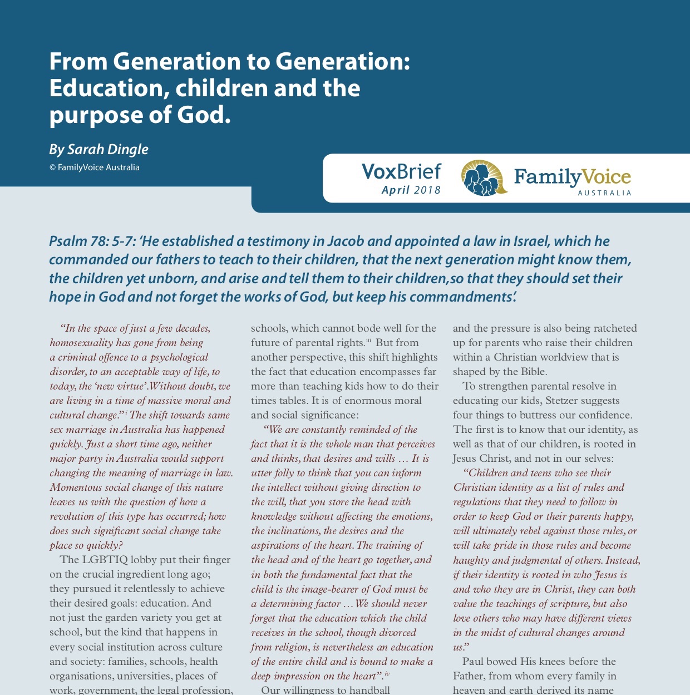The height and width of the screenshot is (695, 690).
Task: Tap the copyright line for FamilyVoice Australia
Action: pos(94,167)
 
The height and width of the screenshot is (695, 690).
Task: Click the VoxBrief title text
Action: pos(401,171)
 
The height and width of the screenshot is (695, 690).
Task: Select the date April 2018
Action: pos(411,190)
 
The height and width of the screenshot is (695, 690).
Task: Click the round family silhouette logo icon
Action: pos(484,178)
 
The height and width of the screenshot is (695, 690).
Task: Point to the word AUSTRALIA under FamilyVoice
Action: pos(604,193)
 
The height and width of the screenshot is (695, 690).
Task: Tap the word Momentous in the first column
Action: pos(76,487)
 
